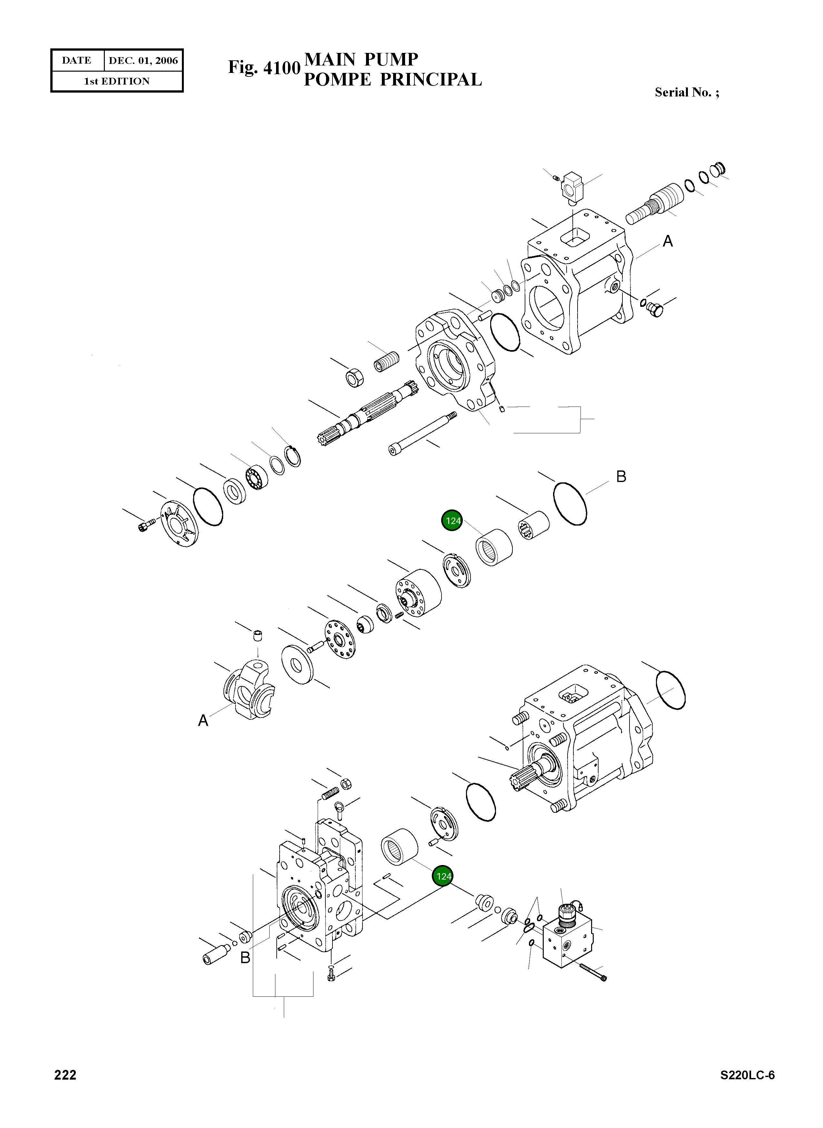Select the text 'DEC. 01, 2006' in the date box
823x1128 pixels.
click(143, 61)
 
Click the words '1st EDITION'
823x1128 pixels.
click(116, 81)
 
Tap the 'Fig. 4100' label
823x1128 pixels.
click(264, 67)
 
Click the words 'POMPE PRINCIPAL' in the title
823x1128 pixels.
click(392, 80)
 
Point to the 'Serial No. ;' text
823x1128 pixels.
click(687, 92)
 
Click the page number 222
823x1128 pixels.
click(65, 1089)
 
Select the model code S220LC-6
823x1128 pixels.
click(747, 1089)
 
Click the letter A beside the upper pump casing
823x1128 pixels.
click(668, 242)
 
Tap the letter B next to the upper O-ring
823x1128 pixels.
click(621, 477)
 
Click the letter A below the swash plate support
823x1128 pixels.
click(203, 721)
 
